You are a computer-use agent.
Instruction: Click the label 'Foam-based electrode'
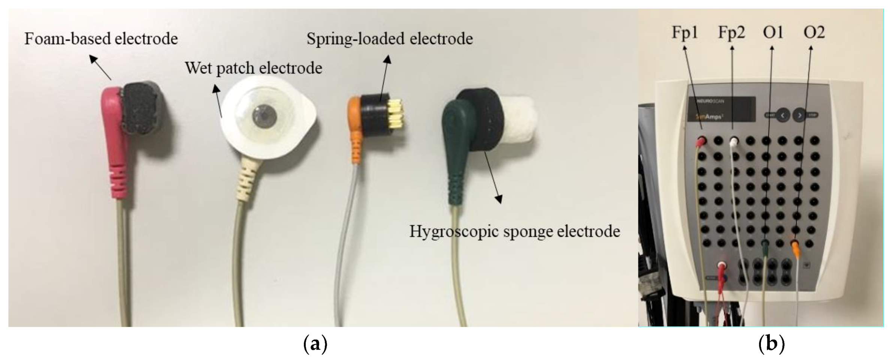[101, 39]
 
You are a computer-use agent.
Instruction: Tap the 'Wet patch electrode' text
[253, 68]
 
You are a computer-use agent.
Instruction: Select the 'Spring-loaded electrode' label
[390, 39]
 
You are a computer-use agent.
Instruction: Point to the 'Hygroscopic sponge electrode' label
[514, 231]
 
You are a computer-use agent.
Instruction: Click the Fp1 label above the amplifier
[684, 33]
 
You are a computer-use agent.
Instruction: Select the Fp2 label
[731, 33]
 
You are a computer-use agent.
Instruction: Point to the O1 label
[773, 33]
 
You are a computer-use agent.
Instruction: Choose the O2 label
[814, 33]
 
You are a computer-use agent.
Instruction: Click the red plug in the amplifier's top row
[701, 141]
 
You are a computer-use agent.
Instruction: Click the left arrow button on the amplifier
[782, 115]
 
